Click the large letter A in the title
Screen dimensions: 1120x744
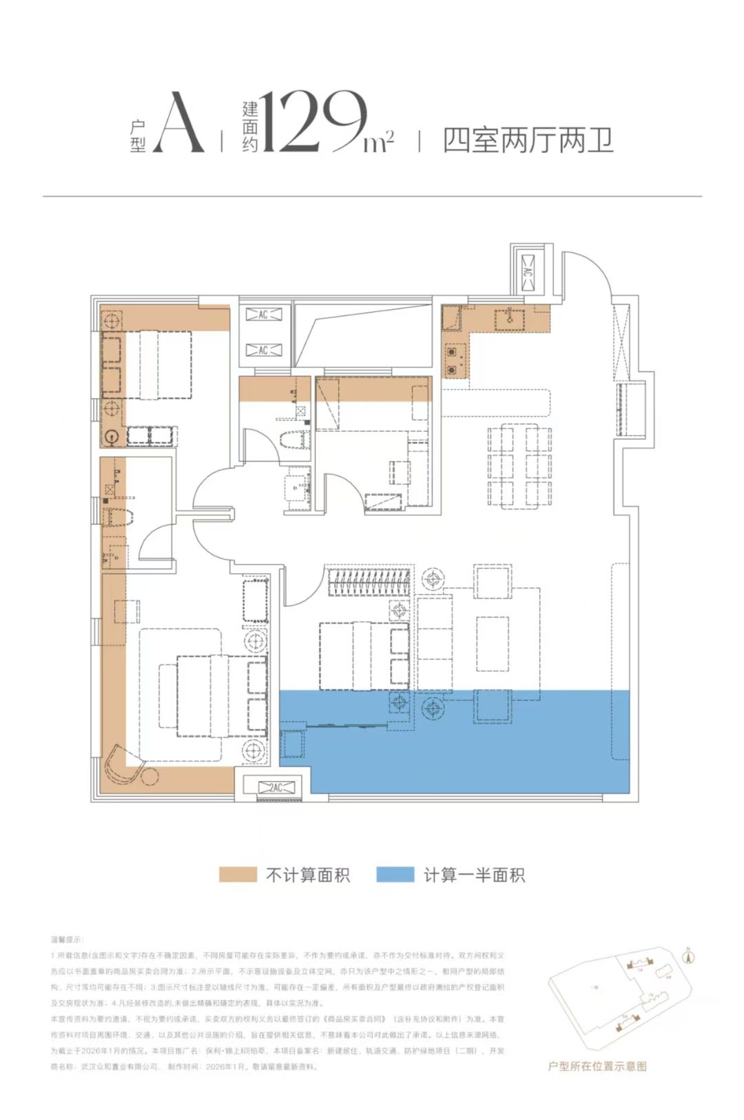click(x=178, y=124)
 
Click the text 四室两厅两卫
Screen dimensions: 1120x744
click(x=528, y=141)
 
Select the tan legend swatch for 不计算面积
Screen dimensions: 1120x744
click(x=238, y=874)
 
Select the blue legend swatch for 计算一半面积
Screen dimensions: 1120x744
click(x=395, y=874)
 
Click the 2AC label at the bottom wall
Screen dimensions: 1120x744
click(x=276, y=787)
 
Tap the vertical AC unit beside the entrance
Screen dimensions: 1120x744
click(x=528, y=271)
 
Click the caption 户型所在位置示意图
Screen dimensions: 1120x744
click(x=597, y=1066)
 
